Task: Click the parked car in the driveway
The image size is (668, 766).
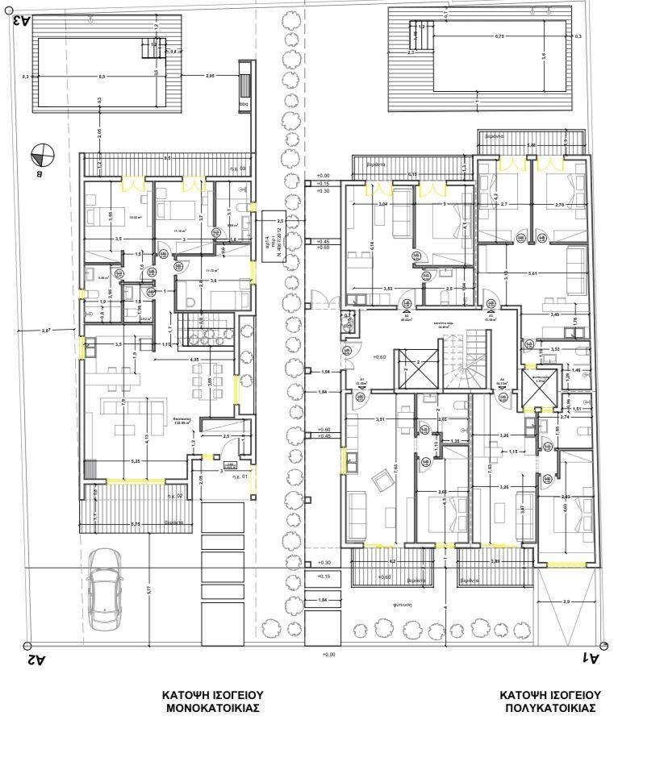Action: [103, 589]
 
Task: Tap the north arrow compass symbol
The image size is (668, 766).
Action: [42, 154]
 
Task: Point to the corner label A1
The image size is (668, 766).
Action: [591, 659]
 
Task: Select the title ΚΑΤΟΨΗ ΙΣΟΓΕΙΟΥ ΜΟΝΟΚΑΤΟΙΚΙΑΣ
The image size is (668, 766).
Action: [212, 701]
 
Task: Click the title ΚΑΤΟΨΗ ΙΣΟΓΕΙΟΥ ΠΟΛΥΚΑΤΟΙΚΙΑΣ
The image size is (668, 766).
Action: [550, 701]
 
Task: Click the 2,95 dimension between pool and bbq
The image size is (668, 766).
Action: [210, 76]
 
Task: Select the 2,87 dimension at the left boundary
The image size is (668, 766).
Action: [47, 331]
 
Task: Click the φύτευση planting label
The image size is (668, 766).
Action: [404, 603]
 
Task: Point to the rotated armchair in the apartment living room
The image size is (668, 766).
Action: [380, 482]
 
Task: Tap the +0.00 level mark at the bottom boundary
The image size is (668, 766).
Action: [328, 655]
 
